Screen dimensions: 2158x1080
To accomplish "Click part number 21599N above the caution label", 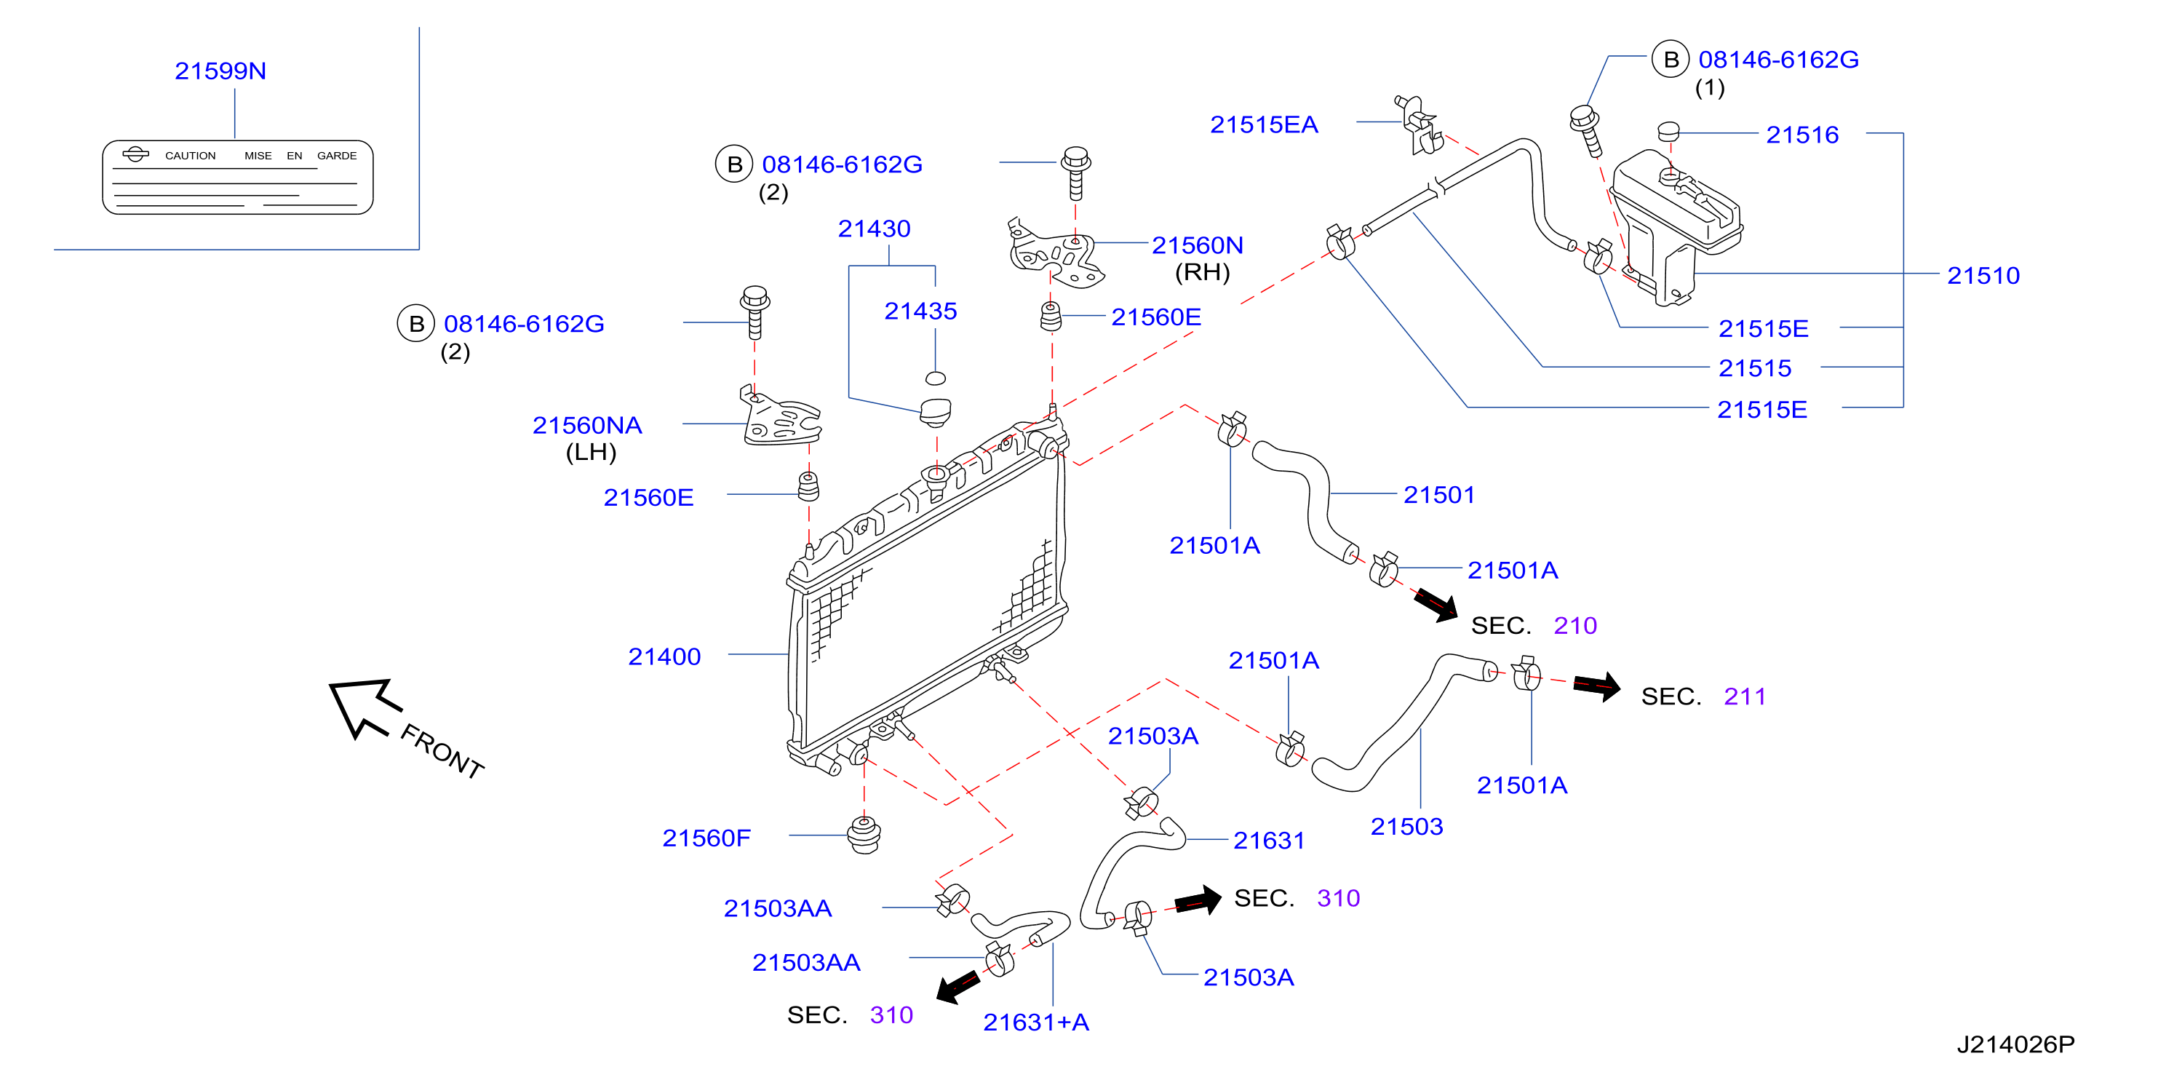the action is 220,71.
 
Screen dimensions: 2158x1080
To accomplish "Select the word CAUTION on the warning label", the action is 190,156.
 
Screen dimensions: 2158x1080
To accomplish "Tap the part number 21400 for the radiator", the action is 664,657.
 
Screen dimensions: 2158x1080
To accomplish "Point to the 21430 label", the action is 874,229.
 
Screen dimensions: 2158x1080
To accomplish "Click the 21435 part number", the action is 920,311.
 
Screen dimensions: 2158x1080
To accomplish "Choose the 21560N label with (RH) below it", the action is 1196,245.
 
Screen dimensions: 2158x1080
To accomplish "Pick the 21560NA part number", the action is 587,426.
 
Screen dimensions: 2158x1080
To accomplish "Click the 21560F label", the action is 706,838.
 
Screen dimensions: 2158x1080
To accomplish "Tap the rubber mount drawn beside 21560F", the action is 864,835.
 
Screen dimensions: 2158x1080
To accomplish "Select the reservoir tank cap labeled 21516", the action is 1668,132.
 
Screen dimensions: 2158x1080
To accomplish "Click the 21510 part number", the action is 1983,276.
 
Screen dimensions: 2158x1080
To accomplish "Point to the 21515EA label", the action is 1263,125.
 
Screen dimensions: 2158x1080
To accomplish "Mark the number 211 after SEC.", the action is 1744,696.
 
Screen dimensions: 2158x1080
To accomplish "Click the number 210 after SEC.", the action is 1575,626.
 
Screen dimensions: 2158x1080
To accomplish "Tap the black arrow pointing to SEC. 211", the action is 1597,686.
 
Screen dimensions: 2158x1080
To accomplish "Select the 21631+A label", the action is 1035,1023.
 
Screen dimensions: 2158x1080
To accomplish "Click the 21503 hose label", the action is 1406,827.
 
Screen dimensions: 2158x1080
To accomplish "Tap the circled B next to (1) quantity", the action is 1671,60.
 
